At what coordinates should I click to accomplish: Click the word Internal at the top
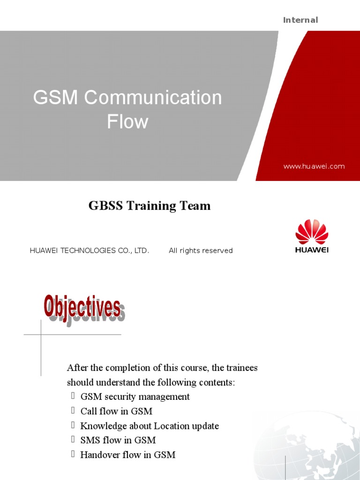[300, 20]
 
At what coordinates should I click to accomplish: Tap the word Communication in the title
[153, 98]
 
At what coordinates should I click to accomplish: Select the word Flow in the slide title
[127, 122]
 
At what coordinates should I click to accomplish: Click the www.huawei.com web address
[314, 166]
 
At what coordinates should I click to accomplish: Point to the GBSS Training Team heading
[150, 206]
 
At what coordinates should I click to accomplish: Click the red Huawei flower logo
[312, 232]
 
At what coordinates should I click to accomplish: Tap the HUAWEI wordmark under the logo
[312, 250]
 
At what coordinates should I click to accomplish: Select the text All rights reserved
[201, 251]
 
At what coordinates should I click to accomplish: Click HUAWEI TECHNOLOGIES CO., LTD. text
[90, 251]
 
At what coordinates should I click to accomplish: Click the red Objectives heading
[82, 307]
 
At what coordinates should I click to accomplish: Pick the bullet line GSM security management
[135, 397]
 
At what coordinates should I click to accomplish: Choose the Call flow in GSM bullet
[116, 411]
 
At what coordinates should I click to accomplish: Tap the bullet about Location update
[150, 426]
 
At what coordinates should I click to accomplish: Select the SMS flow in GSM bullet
[118, 440]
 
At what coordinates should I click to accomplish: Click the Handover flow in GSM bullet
[128, 455]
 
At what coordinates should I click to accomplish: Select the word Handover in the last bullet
[98, 455]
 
